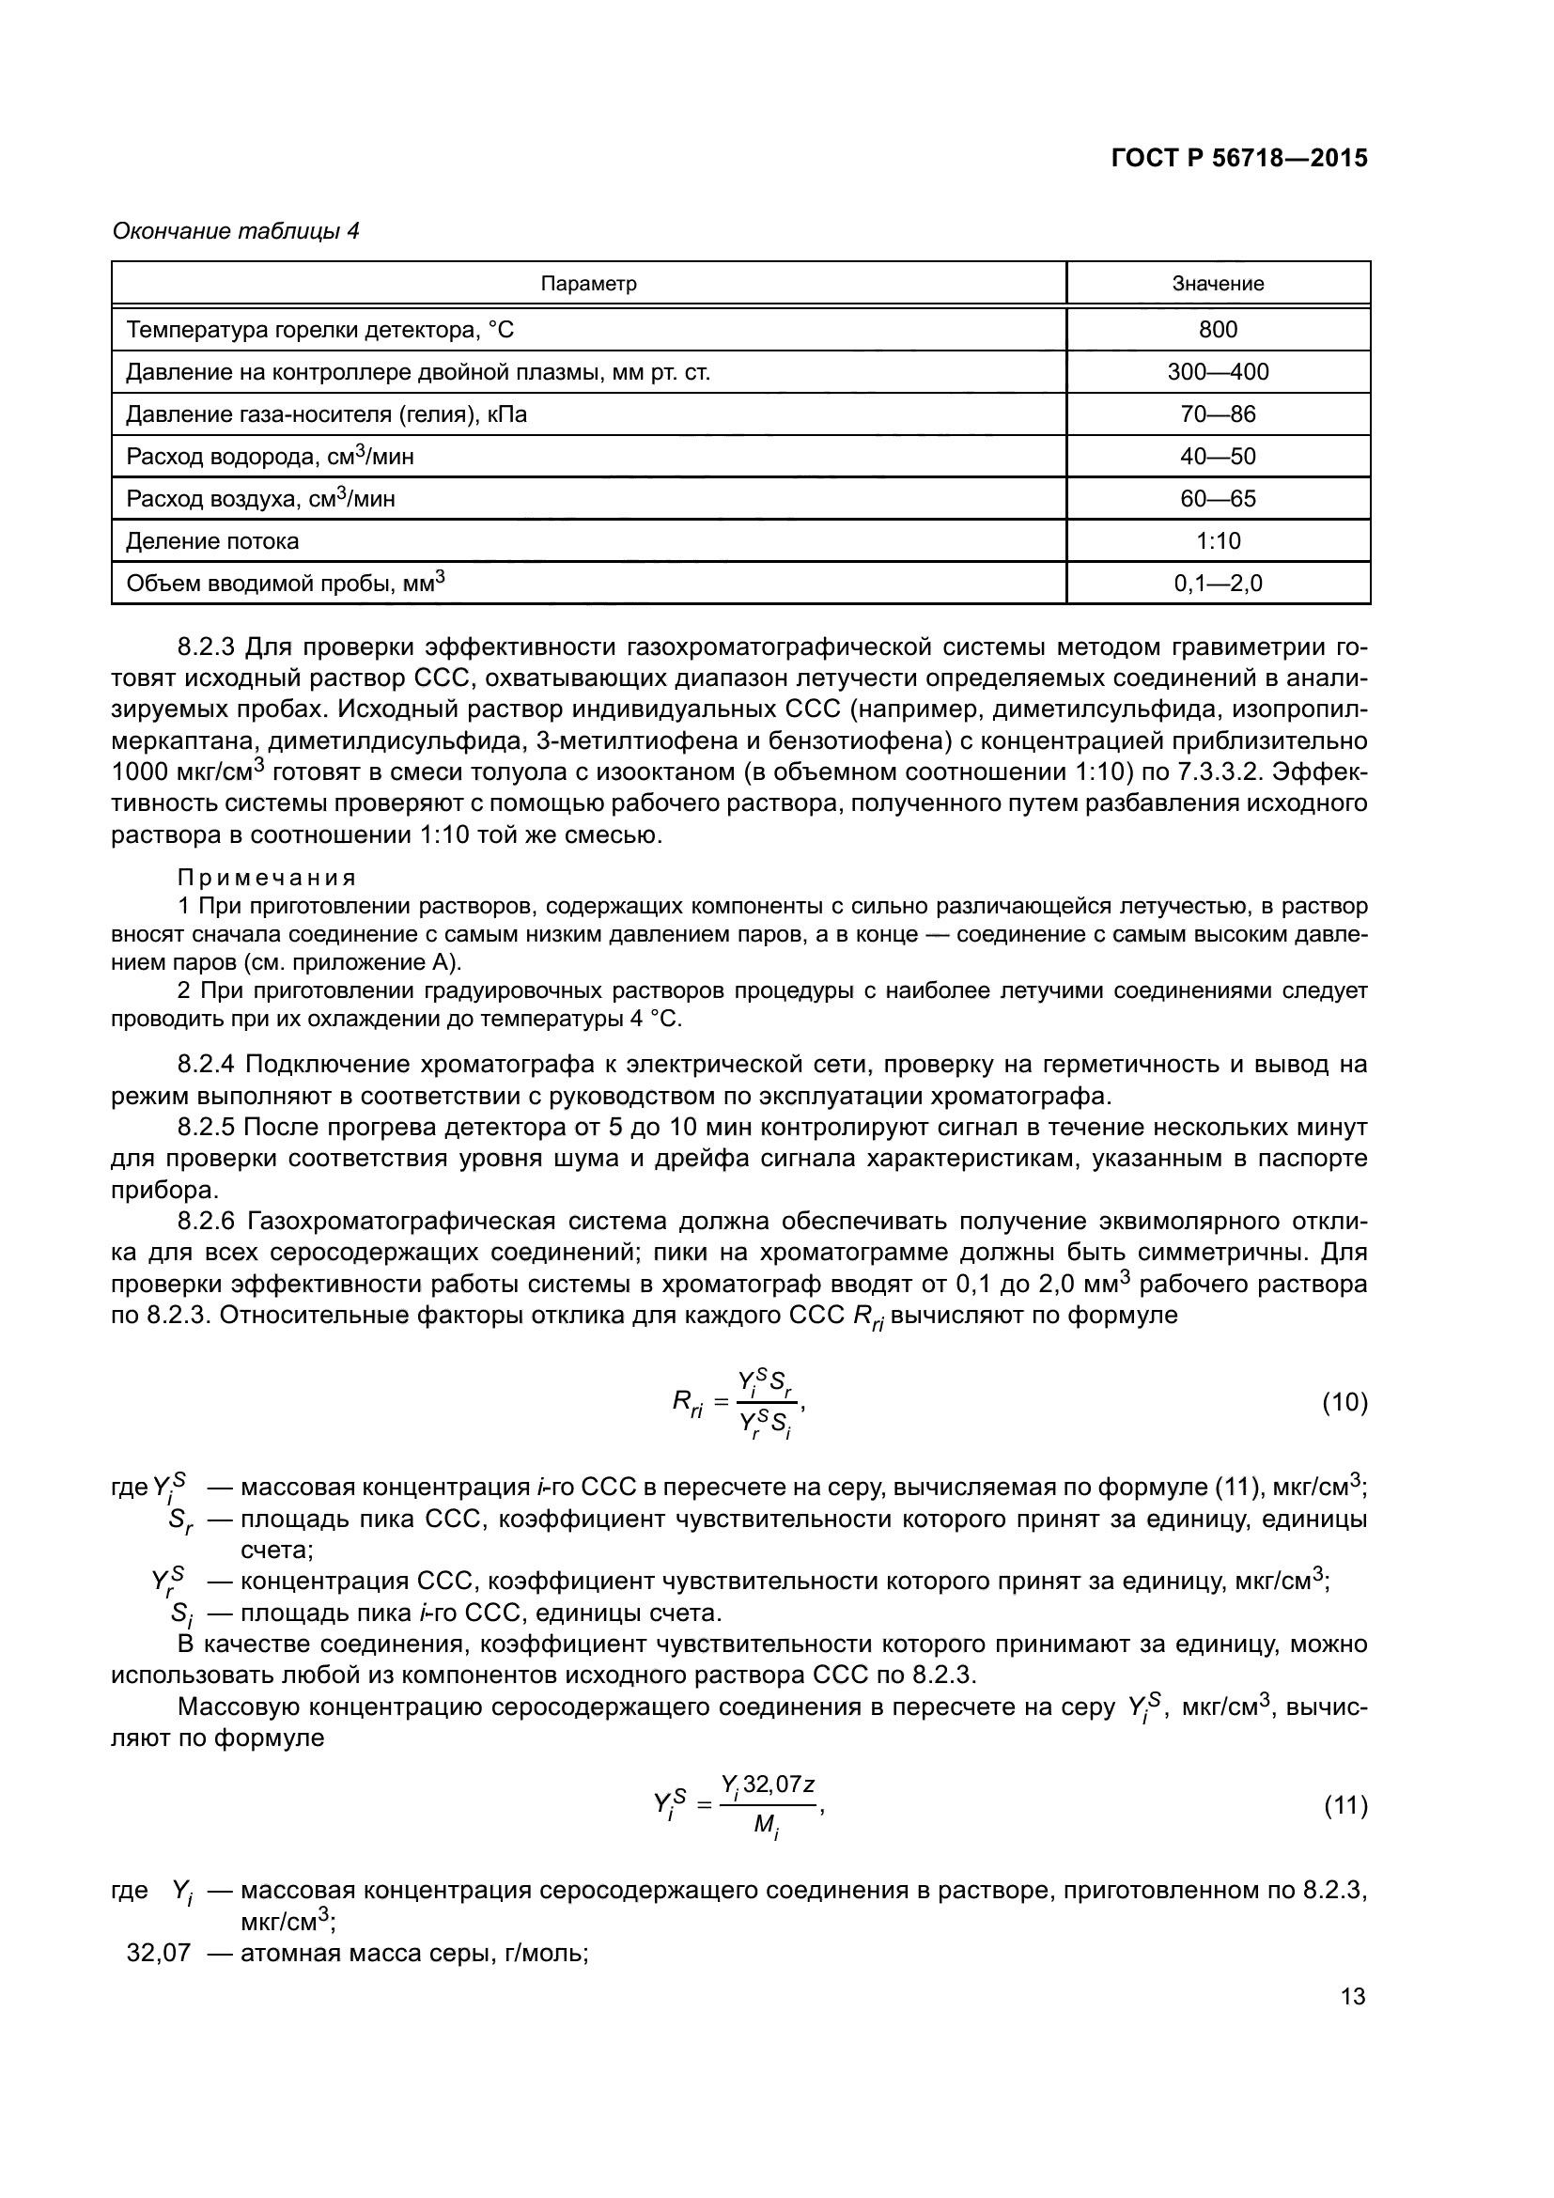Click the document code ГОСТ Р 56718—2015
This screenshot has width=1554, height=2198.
(x=1239, y=159)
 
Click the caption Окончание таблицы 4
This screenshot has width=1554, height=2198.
(x=236, y=231)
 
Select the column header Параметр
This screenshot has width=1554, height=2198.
(x=588, y=284)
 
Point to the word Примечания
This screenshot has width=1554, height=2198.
(x=267, y=878)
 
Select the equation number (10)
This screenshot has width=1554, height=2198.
(x=1344, y=1402)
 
